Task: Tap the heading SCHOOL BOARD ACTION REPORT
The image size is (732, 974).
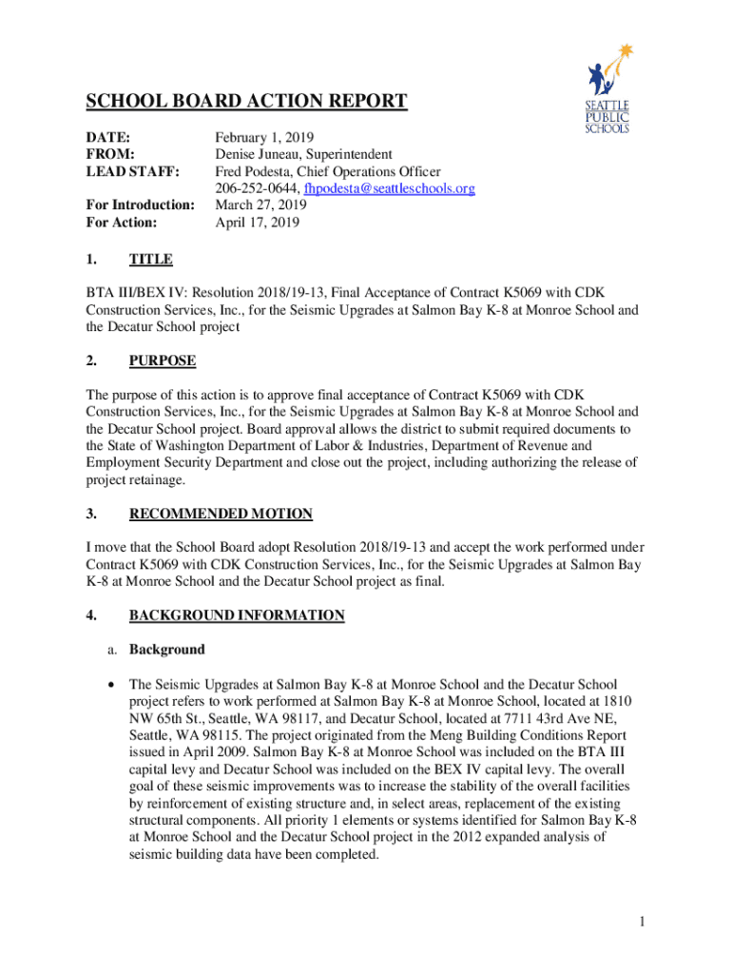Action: pyautogui.click(x=247, y=102)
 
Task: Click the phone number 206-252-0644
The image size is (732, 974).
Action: pyautogui.click(x=252, y=188)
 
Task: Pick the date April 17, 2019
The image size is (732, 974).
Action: pyautogui.click(x=257, y=223)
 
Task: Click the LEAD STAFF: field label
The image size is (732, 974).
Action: pyautogui.click(x=132, y=171)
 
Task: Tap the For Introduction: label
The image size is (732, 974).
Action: pyautogui.click(x=141, y=205)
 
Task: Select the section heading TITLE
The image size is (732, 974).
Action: pyautogui.click(x=150, y=259)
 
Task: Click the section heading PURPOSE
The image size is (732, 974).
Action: pyautogui.click(x=163, y=360)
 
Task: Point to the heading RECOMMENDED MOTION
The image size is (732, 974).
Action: pyautogui.click(x=221, y=514)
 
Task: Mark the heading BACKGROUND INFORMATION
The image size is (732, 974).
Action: pyautogui.click(x=237, y=615)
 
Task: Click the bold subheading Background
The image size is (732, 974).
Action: pyautogui.click(x=166, y=650)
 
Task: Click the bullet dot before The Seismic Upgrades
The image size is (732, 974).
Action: pyautogui.click(x=114, y=685)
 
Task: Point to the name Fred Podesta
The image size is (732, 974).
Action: pyautogui.click(x=253, y=171)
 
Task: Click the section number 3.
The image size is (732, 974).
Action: pyautogui.click(x=90, y=514)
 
